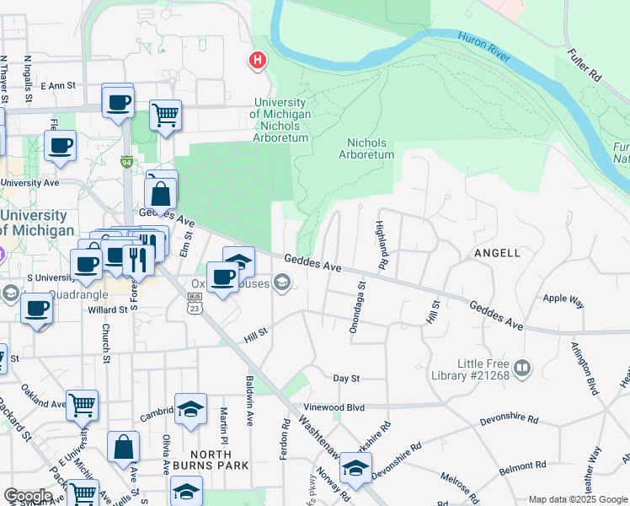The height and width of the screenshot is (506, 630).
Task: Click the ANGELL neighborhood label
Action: coord(498,252)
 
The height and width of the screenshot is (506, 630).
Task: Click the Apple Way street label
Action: coord(563,299)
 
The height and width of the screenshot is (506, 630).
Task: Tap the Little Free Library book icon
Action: coord(522,367)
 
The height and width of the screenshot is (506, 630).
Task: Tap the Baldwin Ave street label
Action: coord(249,401)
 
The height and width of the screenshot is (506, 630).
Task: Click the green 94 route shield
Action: coord(126,162)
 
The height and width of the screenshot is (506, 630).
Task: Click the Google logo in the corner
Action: coord(28,496)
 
